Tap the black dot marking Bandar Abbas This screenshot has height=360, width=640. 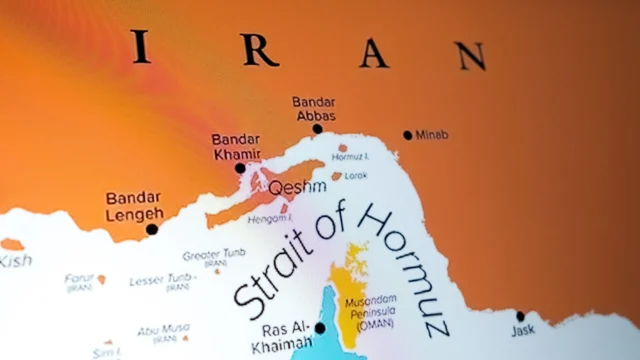click(x=317, y=128)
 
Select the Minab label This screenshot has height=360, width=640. click(x=432, y=135)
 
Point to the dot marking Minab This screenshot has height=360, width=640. click(x=407, y=135)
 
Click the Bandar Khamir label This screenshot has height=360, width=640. click(x=236, y=147)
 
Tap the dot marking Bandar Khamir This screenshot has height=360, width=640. click(x=240, y=168)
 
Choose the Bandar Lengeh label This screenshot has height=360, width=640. click(x=133, y=206)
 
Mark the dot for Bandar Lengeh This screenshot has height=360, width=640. click(x=152, y=229)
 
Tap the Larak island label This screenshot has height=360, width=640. click(x=356, y=176)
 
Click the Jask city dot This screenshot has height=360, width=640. click(x=520, y=316)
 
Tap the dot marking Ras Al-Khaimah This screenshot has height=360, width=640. click(x=321, y=327)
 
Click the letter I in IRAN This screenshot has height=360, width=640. click(x=141, y=46)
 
